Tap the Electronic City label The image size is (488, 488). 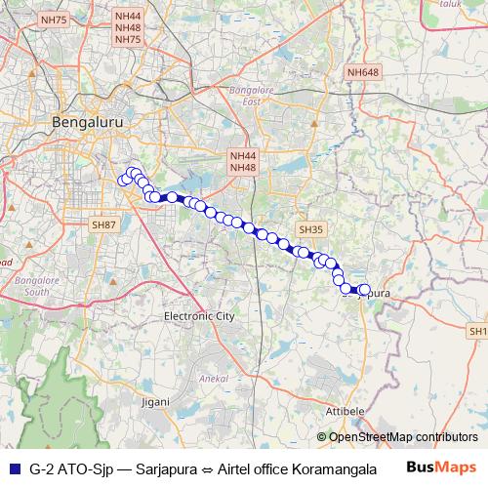[x=199, y=317]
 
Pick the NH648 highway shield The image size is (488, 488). [x=361, y=73]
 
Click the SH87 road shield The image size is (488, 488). [x=103, y=224]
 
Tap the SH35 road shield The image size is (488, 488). [x=310, y=229]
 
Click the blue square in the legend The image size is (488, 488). [x=12, y=468]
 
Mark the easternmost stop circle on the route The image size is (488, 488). [x=365, y=290]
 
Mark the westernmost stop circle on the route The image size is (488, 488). [x=124, y=180]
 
